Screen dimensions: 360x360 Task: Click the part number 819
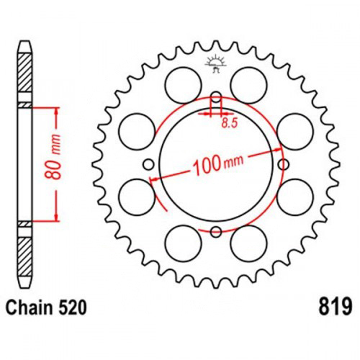(335, 307)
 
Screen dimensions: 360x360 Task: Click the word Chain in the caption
(30, 307)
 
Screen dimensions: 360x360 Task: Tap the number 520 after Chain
(72, 307)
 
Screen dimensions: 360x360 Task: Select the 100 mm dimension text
(217, 164)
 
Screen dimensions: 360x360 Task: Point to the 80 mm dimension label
(53, 157)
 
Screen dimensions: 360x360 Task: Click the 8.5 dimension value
(229, 123)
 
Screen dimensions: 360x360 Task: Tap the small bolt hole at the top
(217, 96)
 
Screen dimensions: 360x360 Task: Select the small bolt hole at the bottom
(216, 232)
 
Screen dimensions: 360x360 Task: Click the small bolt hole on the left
(148, 165)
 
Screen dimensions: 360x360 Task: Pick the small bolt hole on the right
(284, 165)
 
